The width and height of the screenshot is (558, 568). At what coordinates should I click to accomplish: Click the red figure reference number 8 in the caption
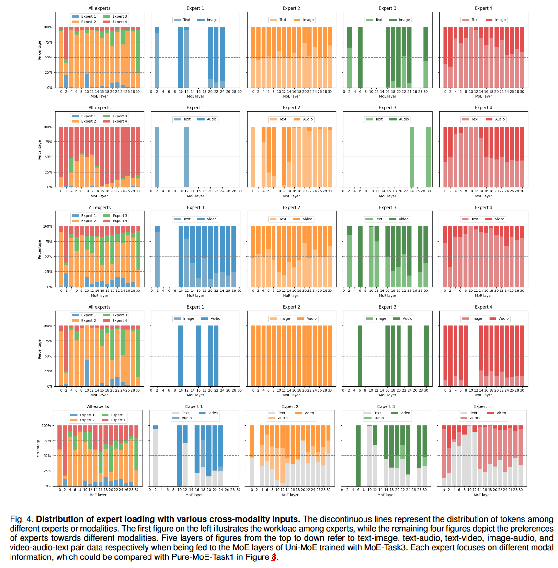[273, 557]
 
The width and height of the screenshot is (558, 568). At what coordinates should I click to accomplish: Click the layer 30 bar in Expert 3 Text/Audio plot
[429, 157]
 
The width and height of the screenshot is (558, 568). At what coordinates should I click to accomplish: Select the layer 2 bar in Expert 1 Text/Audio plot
[157, 157]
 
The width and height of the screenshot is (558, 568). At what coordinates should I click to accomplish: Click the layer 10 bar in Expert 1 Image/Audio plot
[181, 356]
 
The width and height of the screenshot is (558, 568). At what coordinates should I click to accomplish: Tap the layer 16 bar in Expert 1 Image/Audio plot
[198, 356]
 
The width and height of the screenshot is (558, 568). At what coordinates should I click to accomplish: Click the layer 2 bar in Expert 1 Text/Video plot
[157, 256]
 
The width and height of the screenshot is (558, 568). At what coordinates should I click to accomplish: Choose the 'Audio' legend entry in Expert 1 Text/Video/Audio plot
[187, 418]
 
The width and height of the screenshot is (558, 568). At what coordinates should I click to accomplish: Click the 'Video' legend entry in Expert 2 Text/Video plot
[307, 219]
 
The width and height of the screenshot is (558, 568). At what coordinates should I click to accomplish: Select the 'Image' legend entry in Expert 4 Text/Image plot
[500, 20]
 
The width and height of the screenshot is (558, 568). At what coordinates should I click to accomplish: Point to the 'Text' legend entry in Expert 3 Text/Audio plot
[379, 119]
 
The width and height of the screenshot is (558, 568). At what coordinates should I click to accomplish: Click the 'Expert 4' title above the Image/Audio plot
[484, 307]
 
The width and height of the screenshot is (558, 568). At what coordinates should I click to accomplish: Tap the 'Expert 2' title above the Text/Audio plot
[291, 108]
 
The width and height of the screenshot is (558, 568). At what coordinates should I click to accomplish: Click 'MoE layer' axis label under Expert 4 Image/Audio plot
[484, 395]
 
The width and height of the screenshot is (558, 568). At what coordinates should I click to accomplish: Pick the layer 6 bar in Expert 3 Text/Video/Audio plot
[358, 455]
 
